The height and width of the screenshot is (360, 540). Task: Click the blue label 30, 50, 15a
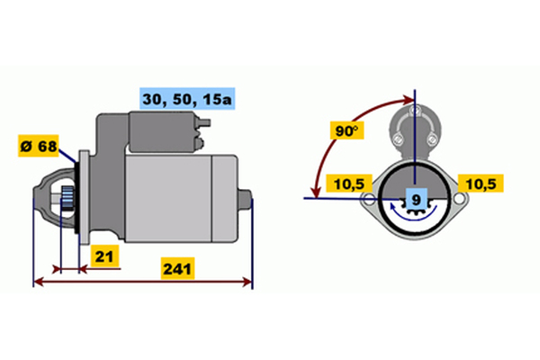187,99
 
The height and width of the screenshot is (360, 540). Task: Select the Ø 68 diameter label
39,146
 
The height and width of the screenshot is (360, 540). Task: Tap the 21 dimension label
104,256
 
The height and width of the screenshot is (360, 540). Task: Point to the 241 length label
177,268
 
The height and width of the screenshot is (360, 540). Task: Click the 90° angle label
346,130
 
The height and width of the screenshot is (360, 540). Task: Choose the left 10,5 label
349,184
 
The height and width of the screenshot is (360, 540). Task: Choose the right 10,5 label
481,184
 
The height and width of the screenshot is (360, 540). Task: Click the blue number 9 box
417,199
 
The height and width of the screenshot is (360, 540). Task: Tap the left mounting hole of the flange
369,198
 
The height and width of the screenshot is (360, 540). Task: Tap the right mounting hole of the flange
459,198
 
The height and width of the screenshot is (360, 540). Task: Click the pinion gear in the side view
67,198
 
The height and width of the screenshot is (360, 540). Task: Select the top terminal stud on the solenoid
204,122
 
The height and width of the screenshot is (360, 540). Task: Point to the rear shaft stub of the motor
245,199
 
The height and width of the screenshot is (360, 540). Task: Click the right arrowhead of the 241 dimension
248,282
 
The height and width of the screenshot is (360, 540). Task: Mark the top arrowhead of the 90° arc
409,100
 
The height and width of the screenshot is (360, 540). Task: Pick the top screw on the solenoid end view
415,111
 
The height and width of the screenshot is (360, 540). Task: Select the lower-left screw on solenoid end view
398,139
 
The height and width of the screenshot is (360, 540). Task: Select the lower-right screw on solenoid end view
432,139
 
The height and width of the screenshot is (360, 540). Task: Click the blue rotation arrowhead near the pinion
392,207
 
